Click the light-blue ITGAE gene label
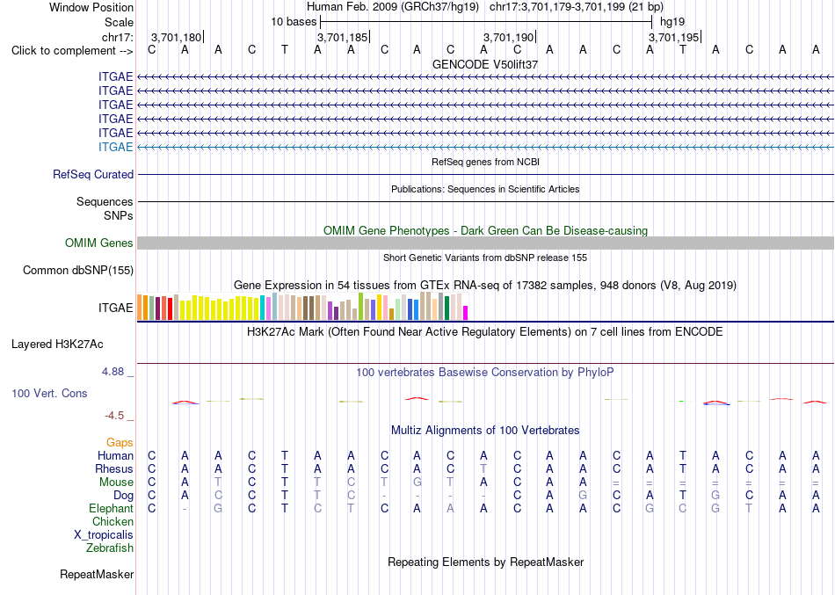pos(115,147)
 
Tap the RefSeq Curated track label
pos(93,174)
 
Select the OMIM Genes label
pos(99,243)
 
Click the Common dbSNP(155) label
pos(78,270)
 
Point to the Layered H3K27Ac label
pos(57,345)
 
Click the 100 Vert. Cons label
pos(49,393)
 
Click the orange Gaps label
pos(120,443)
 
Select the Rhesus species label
pos(114,468)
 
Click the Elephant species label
pos(112,509)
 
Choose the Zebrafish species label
pos(110,548)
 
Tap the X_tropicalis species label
pos(104,535)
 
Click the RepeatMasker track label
pos(97,574)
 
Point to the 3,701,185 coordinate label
pos(342,37)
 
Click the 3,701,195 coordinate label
pos(673,37)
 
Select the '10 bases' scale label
pos(294,22)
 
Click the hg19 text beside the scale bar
pos(672,22)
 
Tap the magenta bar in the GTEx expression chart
pos(466,313)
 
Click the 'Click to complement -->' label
pos(72,51)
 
